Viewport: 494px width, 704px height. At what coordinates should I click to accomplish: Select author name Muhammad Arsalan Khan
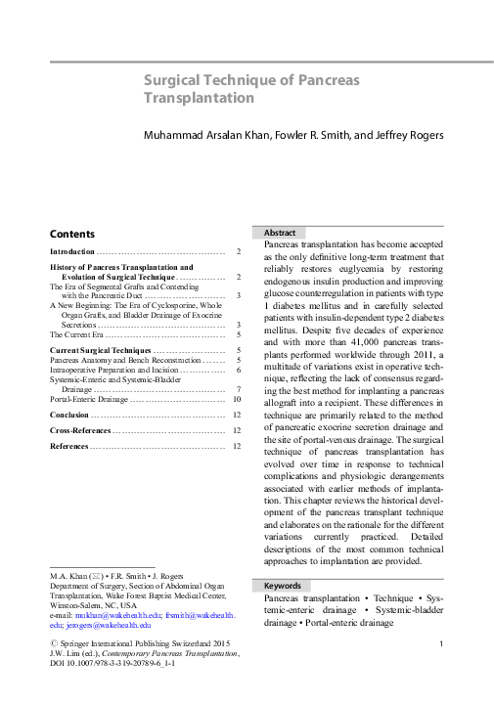(x=202, y=133)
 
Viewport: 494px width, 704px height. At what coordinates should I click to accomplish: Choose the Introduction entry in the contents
(x=79, y=252)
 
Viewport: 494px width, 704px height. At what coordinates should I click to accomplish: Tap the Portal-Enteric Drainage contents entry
(x=89, y=399)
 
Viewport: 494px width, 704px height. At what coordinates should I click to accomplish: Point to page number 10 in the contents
(x=237, y=399)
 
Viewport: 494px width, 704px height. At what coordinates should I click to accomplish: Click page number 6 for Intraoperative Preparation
(x=239, y=371)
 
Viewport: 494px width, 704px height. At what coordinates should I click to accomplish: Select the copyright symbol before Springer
(x=54, y=642)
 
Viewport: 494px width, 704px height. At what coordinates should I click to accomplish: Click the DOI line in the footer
(x=116, y=663)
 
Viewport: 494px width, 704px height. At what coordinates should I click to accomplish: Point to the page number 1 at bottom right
(x=442, y=643)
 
